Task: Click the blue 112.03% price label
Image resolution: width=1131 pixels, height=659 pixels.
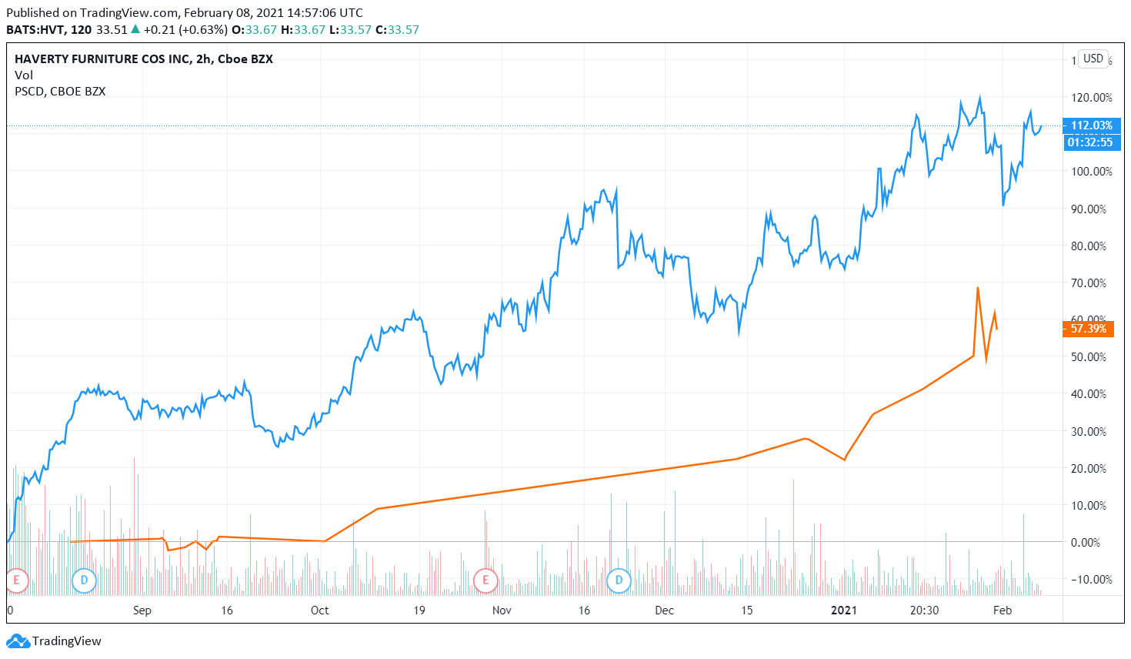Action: tap(1091, 125)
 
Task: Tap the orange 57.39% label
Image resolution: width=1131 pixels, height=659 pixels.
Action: tap(1088, 329)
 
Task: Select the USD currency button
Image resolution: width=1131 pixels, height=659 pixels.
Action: tap(1093, 59)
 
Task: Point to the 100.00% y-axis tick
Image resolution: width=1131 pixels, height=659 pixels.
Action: tap(1091, 172)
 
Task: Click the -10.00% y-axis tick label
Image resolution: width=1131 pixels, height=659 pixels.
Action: tap(1091, 580)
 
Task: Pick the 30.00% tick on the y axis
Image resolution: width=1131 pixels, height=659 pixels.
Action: tap(1091, 431)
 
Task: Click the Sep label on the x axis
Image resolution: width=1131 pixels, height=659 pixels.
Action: tap(142, 610)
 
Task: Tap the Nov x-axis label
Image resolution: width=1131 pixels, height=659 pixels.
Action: tap(502, 610)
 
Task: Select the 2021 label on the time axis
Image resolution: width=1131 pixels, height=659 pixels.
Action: tap(843, 610)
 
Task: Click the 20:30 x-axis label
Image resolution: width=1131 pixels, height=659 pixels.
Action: tap(924, 610)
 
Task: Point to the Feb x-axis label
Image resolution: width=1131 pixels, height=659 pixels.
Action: tap(1002, 610)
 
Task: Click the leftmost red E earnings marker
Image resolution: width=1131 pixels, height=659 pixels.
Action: tap(17, 580)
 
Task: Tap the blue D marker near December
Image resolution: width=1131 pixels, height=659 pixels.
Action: tap(619, 580)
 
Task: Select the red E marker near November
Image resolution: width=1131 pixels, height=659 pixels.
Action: tap(485, 580)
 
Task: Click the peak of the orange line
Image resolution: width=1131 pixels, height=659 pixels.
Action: tap(977, 288)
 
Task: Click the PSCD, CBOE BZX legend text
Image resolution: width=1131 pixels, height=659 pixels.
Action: tap(60, 92)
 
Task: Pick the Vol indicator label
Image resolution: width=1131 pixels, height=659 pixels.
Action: tap(24, 75)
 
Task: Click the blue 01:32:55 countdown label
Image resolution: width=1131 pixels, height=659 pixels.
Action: tap(1091, 142)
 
